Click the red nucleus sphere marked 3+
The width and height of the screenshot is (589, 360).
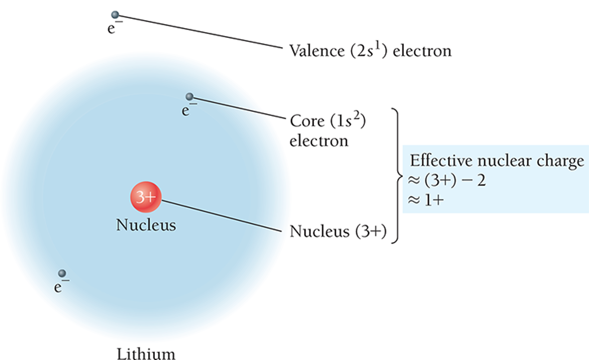[146, 198]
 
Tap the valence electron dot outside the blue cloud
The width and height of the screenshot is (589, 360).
[115, 15]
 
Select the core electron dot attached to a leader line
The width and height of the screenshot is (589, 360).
[189, 97]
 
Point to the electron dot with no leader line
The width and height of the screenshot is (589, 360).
[62, 273]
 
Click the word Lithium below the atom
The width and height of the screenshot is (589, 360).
[146, 353]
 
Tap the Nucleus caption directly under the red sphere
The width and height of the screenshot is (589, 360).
[146, 225]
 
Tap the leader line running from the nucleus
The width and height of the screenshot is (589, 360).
[222, 216]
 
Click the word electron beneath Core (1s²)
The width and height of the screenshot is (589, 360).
[319, 141]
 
